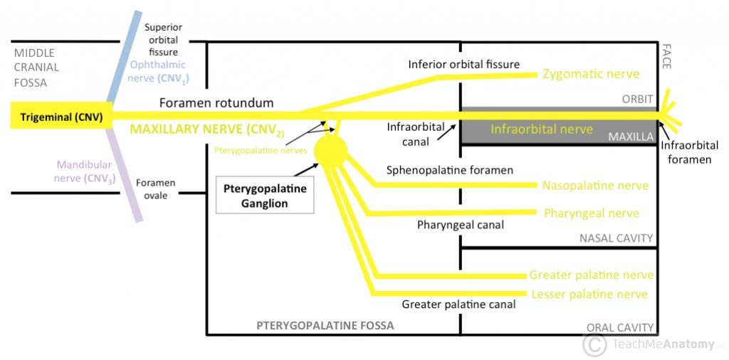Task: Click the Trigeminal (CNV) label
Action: pyautogui.click(x=56, y=117)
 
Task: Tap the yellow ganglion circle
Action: pyautogui.click(x=330, y=149)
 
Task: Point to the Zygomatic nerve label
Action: pyautogui.click(x=591, y=74)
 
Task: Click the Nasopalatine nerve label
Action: pyautogui.click(x=595, y=186)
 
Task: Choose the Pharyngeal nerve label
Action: pyautogui.click(x=591, y=213)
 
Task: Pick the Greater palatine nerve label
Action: pyautogui.click(x=591, y=275)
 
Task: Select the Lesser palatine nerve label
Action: pyautogui.click(x=588, y=294)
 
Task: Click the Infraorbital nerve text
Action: pyautogui.click(x=541, y=129)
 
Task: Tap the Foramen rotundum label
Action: pyautogui.click(x=216, y=103)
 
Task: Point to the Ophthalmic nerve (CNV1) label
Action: pyautogui.click(x=157, y=71)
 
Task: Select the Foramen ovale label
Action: pyautogui.click(x=155, y=189)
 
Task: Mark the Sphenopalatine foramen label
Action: pyautogui.click(x=449, y=171)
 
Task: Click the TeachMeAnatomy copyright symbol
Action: pyautogui.click(x=594, y=344)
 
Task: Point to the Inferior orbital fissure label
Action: pyautogui.click(x=463, y=65)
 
